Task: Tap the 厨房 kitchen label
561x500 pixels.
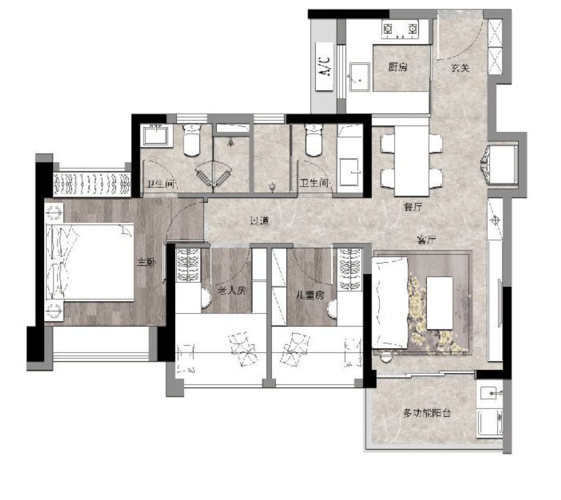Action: pyautogui.click(x=398, y=67)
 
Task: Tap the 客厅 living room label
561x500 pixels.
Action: pyautogui.click(x=426, y=240)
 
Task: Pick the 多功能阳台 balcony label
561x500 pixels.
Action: pyautogui.click(x=427, y=413)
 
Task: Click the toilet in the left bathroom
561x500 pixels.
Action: pyautogui.click(x=192, y=141)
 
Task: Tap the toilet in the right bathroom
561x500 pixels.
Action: pyautogui.click(x=314, y=141)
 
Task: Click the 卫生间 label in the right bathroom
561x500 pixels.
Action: pyautogui.click(x=314, y=183)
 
